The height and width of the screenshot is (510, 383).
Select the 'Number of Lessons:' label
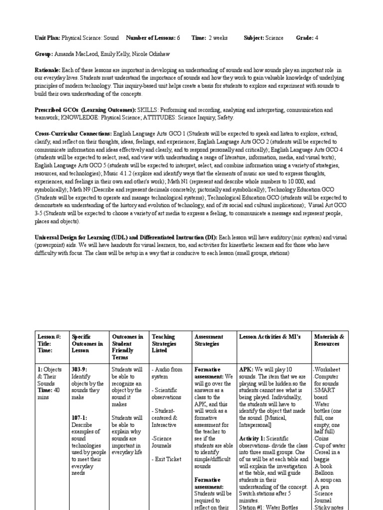[150, 38]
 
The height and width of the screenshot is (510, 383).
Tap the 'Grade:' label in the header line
[304, 38]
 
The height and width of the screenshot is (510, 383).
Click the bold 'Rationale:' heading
[47, 71]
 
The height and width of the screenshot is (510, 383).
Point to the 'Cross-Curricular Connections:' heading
[73, 134]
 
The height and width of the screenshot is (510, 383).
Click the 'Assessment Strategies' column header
[209, 340]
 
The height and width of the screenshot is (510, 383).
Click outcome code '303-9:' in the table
[81, 370]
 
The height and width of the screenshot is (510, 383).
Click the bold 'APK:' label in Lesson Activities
[246, 370]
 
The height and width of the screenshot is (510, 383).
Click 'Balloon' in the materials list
[325, 473]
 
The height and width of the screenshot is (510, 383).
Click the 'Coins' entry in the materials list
[323, 438]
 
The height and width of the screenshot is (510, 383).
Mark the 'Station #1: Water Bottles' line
[269, 507]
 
